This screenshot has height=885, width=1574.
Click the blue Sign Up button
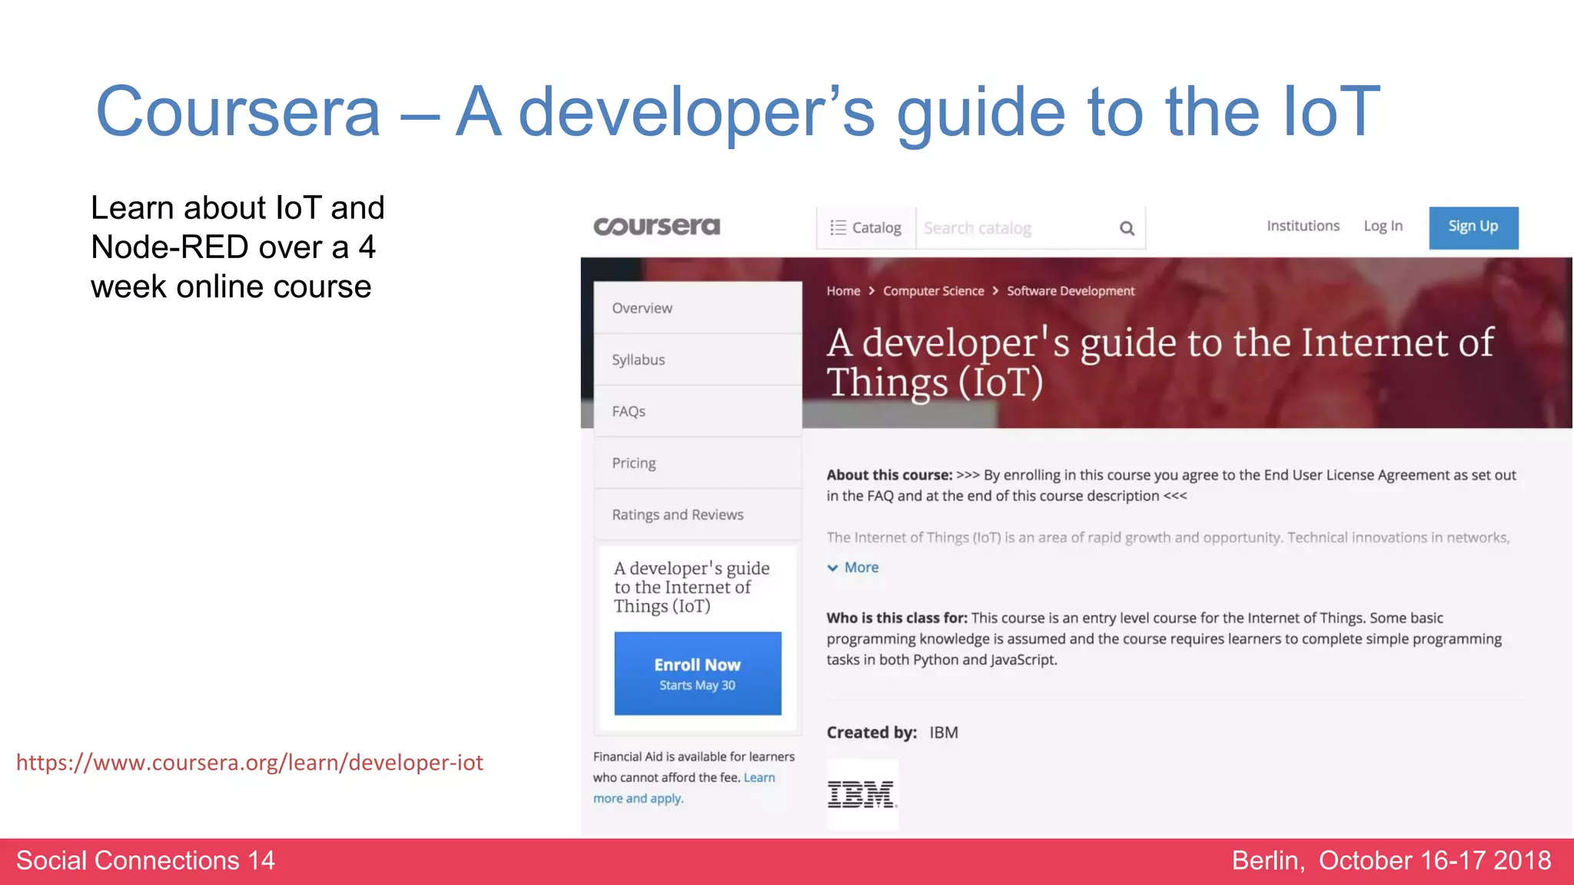point(1473,227)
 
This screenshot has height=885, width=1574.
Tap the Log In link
point(1383,226)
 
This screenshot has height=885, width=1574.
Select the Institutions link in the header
point(1303,226)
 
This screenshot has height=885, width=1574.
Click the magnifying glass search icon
point(1127,228)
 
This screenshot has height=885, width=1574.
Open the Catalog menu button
point(866,228)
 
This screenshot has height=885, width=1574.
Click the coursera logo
point(657,227)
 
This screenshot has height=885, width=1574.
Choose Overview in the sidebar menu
point(642,308)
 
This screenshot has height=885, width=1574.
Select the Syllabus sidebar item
point(638,360)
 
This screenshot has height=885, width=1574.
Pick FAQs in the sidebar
point(628,412)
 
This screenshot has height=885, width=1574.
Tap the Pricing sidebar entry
point(633,463)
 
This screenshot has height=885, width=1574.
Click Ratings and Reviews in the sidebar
point(677,515)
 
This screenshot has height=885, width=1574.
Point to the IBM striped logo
point(862,794)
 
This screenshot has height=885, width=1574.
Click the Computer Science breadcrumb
point(933,291)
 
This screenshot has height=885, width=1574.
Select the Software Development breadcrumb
point(1070,291)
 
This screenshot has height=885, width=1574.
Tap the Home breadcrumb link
point(843,291)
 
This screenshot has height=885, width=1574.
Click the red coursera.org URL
point(250,763)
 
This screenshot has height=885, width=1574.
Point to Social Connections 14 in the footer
point(145,860)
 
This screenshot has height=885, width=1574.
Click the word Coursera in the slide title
point(237,112)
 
